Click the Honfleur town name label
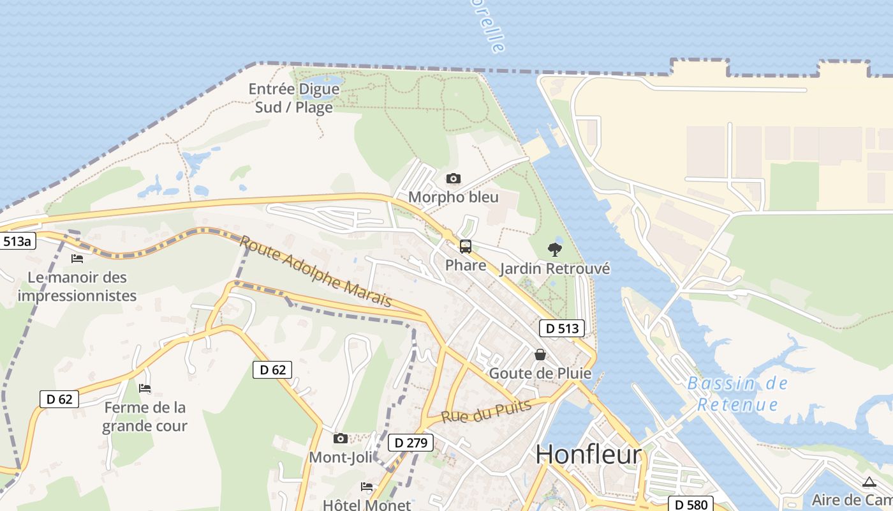click(588, 454)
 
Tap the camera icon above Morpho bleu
click(454, 178)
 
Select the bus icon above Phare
click(466, 247)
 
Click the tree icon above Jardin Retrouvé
click(555, 250)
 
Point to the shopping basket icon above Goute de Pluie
click(540, 355)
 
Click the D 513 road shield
click(562, 328)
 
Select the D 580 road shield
click(690, 505)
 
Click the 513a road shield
click(17, 241)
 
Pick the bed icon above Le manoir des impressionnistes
click(77, 259)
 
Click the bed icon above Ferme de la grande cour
click(145, 388)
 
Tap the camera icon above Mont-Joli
click(341, 438)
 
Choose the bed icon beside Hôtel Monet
click(367, 487)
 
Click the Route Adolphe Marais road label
click(316, 271)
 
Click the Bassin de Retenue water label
click(738, 393)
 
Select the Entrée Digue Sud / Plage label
click(294, 98)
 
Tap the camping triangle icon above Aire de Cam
click(869, 482)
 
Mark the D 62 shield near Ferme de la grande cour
click(60, 399)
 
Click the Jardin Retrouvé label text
click(554, 269)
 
